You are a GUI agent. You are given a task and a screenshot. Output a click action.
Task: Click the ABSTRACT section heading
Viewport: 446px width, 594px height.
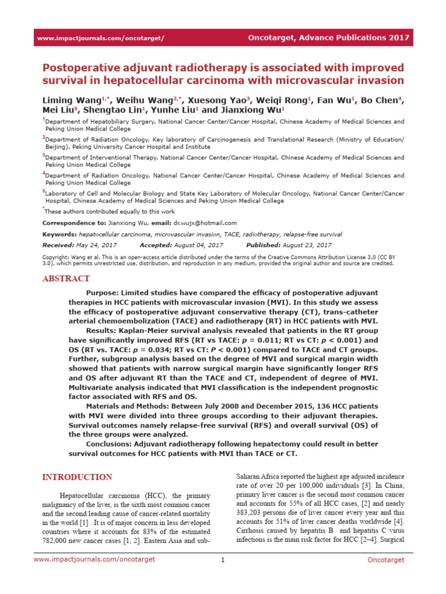pos(66,278)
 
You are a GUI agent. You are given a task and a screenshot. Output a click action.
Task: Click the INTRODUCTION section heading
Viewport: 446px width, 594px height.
pos(77,477)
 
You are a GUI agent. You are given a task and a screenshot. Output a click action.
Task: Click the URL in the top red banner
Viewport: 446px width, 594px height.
pos(100,38)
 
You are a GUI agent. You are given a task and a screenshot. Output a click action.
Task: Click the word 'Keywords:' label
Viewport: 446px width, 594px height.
pos(60,234)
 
